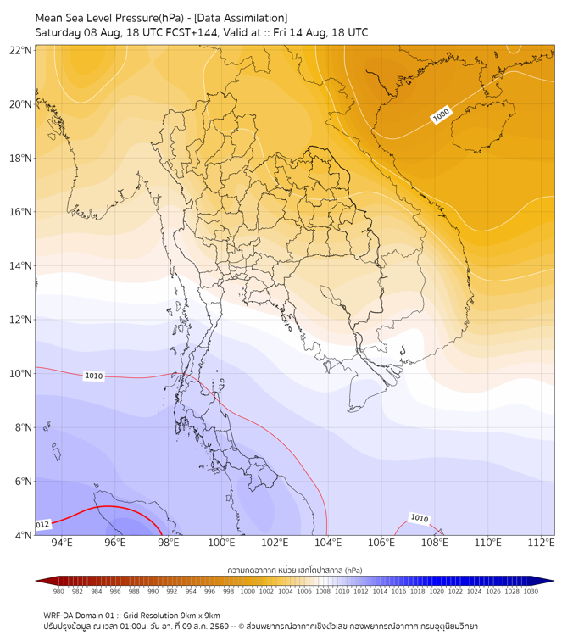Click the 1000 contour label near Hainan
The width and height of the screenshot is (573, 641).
click(x=441, y=114)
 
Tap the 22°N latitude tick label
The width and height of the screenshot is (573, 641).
click(x=20, y=50)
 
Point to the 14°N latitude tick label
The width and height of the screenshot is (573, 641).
click(x=20, y=265)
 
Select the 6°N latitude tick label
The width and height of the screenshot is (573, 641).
click(x=23, y=481)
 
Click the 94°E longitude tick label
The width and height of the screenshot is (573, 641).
click(x=62, y=543)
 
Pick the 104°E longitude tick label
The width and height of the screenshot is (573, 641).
click(x=328, y=543)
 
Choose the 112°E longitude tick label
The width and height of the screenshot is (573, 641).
click(x=541, y=543)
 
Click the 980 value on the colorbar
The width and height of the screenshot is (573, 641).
click(x=58, y=591)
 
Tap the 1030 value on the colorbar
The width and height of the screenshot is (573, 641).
click(x=531, y=591)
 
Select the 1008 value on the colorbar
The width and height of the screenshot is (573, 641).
click(x=323, y=591)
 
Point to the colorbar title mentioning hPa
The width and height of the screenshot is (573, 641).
click(x=295, y=570)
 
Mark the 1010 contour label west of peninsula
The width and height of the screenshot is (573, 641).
click(x=93, y=376)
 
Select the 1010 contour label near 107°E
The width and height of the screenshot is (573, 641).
click(x=420, y=518)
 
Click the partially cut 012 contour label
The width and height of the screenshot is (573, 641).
click(x=43, y=525)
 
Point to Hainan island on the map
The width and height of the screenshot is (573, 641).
click(x=482, y=125)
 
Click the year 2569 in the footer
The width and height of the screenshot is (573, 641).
click(x=220, y=627)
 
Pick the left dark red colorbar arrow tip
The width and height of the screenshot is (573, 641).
click(x=36, y=581)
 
